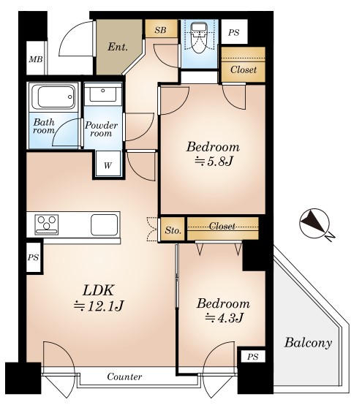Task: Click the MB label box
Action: pyautogui.click(x=36, y=59)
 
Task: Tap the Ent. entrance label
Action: pyautogui.click(x=118, y=47)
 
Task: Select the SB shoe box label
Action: pyautogui.click(x=161, y=30)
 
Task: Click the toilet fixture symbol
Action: pyautogui.click(x=199, y=37)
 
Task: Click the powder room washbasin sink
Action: pyautogui.click(x=103, y=94)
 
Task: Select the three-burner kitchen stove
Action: pyautogui.click(x=47, y=224)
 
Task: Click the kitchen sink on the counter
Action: pyautogui.click(x=104, y=224)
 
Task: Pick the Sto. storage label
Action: pyautogui.click(x=173, y=230)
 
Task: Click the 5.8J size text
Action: pyautogui.click(x=214, y=162)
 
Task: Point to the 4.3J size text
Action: pyautogui.click(x=224, y=318)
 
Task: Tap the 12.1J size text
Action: pyautogui.click(x=99, y=306)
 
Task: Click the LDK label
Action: pyautogui.click(x=98, y=290)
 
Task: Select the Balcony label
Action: pyautogui.click(x=308, y=344)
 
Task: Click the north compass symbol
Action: pyautogui.click(x=314, y=224)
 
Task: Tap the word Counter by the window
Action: pyautogui.click(x=124, y=376)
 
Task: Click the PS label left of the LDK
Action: pyautogui.click(x=34, y=257)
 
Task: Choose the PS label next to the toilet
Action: pyautogui.click(x=233, y=33)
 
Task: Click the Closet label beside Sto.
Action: pyautogui.click(x=222, y=227)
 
